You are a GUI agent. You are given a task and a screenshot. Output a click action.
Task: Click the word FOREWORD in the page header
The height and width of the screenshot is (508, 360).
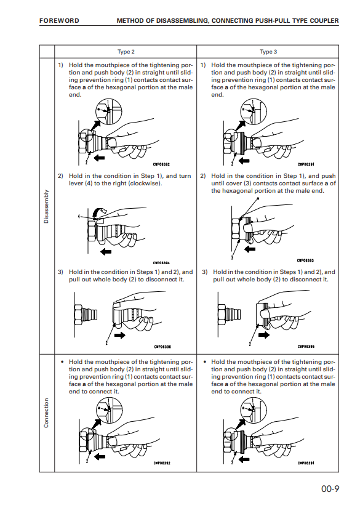tap(59, 21)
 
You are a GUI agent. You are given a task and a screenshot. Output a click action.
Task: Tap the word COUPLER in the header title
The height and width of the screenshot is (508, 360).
tap(324, 21)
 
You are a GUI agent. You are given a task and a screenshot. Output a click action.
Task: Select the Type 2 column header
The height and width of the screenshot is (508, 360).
tap(126, 52)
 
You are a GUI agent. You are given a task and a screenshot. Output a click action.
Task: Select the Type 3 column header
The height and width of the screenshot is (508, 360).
tap(268, 52)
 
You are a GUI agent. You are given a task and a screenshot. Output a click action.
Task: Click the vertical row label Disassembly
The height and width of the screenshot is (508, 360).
tap(46, 206)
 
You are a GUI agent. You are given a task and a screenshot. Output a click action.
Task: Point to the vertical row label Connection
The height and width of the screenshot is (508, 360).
tap(46, 413)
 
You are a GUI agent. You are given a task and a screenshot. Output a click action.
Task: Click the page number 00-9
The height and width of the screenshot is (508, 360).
tap(330, 489)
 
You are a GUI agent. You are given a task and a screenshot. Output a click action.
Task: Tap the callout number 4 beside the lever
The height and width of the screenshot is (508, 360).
tap(79, 216)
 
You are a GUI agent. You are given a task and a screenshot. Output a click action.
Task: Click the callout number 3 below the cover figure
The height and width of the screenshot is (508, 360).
tap(232, 257)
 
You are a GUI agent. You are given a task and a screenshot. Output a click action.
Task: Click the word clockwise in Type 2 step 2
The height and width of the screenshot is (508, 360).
tap(145, 183)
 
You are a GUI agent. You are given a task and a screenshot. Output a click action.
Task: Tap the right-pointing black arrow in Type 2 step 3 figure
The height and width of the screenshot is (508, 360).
tap(120, 336)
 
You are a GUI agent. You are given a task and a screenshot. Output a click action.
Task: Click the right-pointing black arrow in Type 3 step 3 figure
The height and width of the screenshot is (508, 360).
tap(264, 335)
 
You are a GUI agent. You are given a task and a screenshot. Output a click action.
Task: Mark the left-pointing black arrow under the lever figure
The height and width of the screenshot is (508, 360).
tap(106, 252)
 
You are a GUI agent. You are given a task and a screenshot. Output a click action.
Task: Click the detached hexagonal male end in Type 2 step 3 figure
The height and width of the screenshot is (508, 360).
tap(86, 314)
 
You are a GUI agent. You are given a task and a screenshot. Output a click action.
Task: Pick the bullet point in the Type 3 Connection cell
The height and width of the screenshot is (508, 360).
tap(204, 362)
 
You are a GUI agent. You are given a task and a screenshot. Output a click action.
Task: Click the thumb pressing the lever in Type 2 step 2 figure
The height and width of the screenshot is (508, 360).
tap(100, 220)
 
